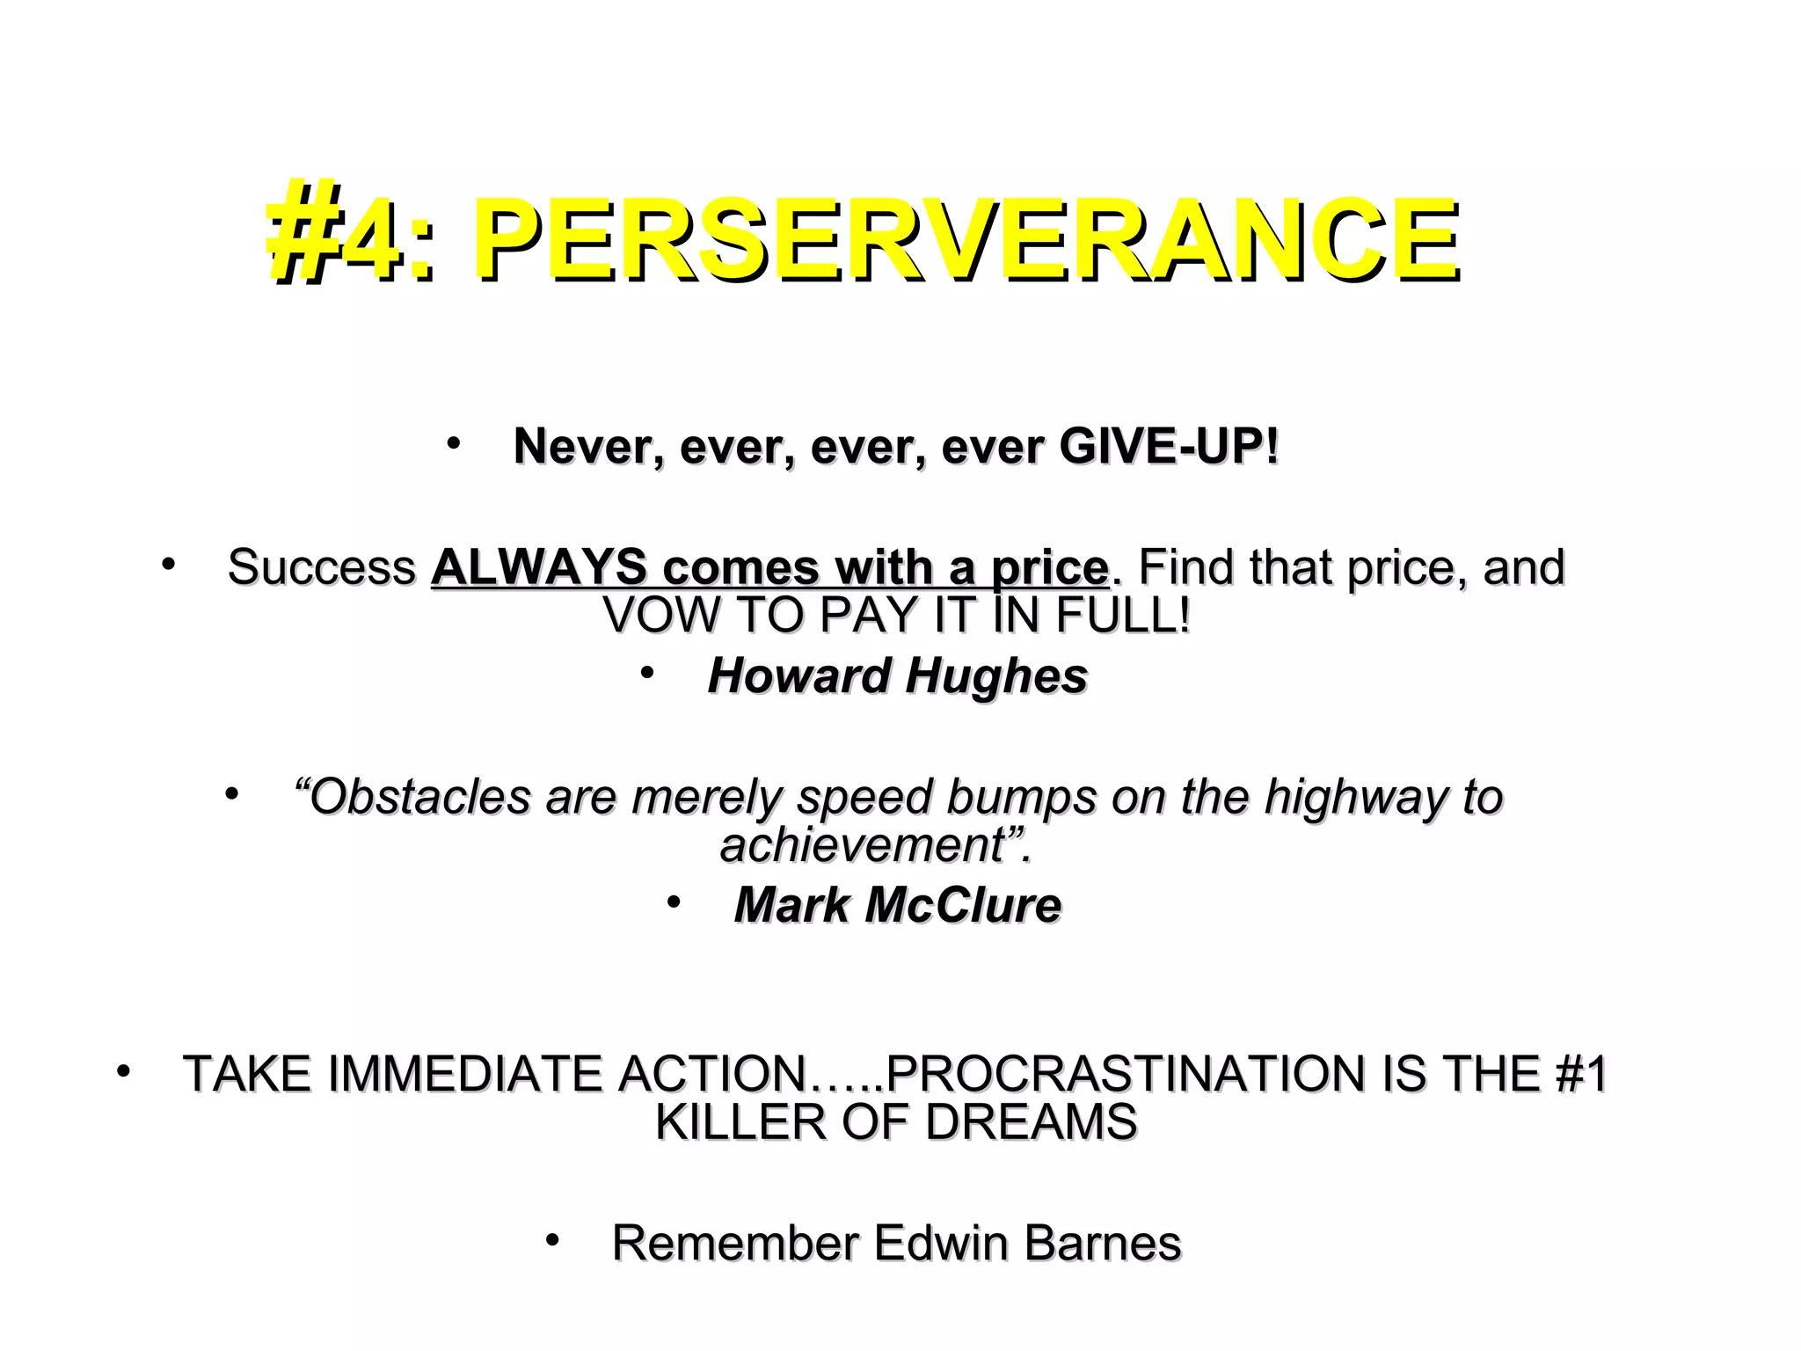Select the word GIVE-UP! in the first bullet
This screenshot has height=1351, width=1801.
(1169, 447)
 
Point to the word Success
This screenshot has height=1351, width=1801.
(321, 567)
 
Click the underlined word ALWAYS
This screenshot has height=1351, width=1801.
(538, 567)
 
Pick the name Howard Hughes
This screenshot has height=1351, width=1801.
(898, 676)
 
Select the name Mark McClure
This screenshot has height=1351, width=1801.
(898, 905)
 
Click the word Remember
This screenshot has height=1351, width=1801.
(735, 1244)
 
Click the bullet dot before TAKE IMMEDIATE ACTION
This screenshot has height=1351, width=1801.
(124, 1071)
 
